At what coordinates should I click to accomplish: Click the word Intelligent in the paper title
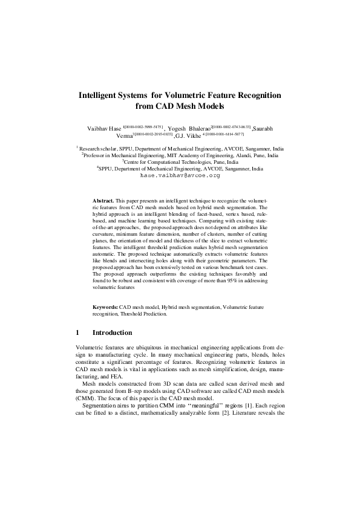(104, 96)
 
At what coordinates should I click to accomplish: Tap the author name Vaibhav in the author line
(100, 129)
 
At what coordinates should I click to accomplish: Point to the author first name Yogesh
(180, 129)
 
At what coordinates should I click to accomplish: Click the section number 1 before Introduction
(78, 333)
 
